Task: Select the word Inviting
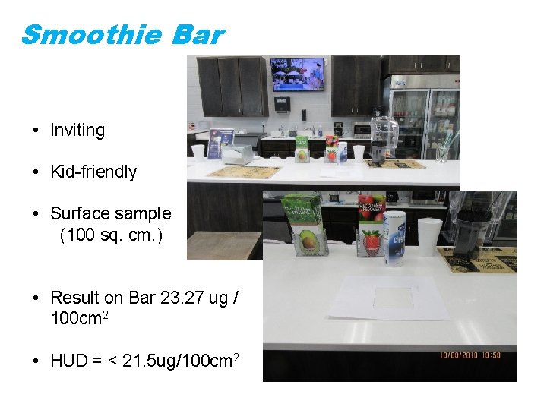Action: click(x=77, y=130)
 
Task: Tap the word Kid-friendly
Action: click(x=93, y=172)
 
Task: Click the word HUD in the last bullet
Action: click(x=68, y=360)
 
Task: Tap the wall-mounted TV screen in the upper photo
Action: click(x=298, y=74)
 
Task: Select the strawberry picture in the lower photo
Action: click(x=371, y=241)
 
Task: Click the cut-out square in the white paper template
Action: click(x=394, y=297)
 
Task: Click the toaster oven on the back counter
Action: click(x=362, y=130)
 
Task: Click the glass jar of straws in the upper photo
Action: click(x=442, y=151)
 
